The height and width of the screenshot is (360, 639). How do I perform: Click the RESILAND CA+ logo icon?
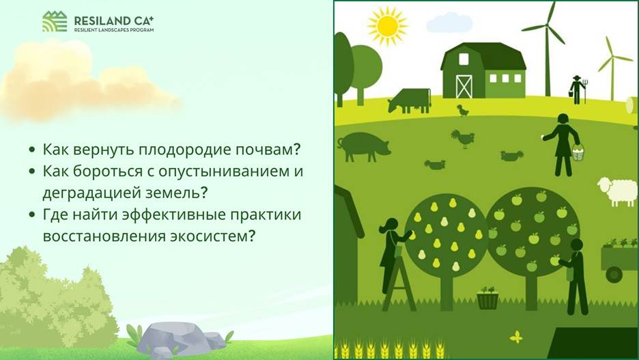click(55, 22)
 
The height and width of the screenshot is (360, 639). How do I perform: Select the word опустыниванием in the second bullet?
click(223, 171)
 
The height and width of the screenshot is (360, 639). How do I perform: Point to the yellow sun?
click(387, 26)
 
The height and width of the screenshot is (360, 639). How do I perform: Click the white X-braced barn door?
click(464, 87)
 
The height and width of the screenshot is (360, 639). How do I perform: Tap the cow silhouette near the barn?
click(410, 100)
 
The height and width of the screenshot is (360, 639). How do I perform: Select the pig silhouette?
click(363, 147)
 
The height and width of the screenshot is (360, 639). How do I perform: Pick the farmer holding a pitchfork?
click(577, 89)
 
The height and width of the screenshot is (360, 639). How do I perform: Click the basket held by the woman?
click(578, 153)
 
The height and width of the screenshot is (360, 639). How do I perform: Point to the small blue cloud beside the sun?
click(449, 23)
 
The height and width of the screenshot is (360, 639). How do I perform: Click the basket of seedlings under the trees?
click(487, 298)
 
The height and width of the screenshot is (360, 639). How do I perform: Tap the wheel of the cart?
click(614, 275)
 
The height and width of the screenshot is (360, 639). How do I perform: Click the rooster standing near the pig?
click(463, 139)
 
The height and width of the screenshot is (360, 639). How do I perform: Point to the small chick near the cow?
click(463, 110)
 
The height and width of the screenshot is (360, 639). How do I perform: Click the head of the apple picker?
click(577, 245)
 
